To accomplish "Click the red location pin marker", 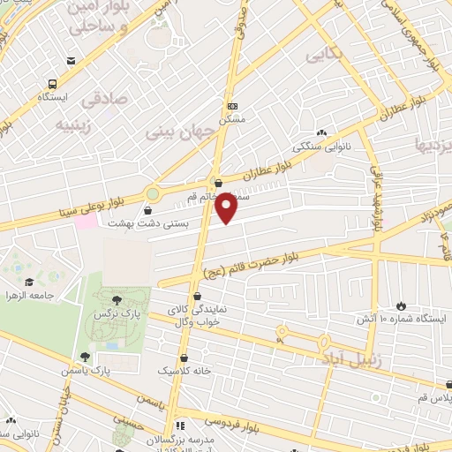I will (x=227, y=208).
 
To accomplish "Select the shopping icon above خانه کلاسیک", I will (x=184, y=359).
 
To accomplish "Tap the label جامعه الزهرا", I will (x=29, y=294).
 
